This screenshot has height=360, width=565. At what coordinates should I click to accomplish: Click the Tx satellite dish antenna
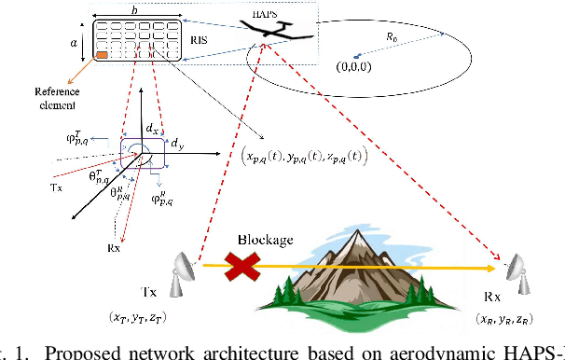(x=182, y=271)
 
